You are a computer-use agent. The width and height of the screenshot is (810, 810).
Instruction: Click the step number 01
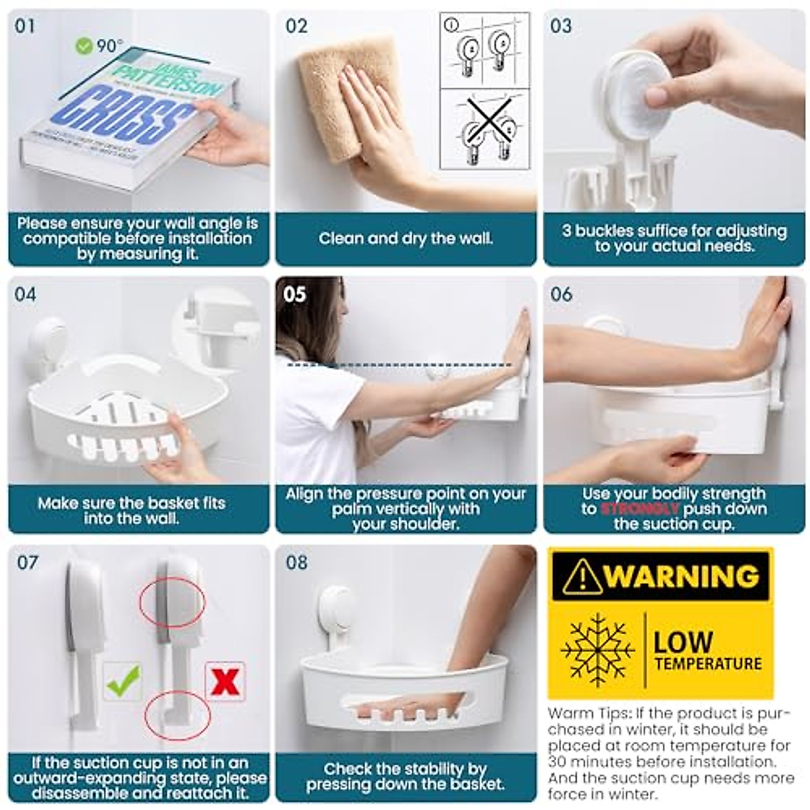click(x=25, y=26)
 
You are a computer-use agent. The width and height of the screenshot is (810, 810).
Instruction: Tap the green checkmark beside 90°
click(x=84, y=46)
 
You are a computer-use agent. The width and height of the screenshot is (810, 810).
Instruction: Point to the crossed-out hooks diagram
click(x=485, y=129)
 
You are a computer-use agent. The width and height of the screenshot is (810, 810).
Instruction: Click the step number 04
click(x=25, y=294)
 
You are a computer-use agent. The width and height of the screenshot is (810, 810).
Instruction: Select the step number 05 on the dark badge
click(x=295, y=294)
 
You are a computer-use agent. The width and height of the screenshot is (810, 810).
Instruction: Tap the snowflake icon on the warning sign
click(x=597, y=650)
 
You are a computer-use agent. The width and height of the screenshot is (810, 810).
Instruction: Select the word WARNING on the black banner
click(x=682, y=576)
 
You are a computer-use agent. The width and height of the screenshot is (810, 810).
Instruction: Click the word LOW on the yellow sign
click(x=683, y=641)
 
